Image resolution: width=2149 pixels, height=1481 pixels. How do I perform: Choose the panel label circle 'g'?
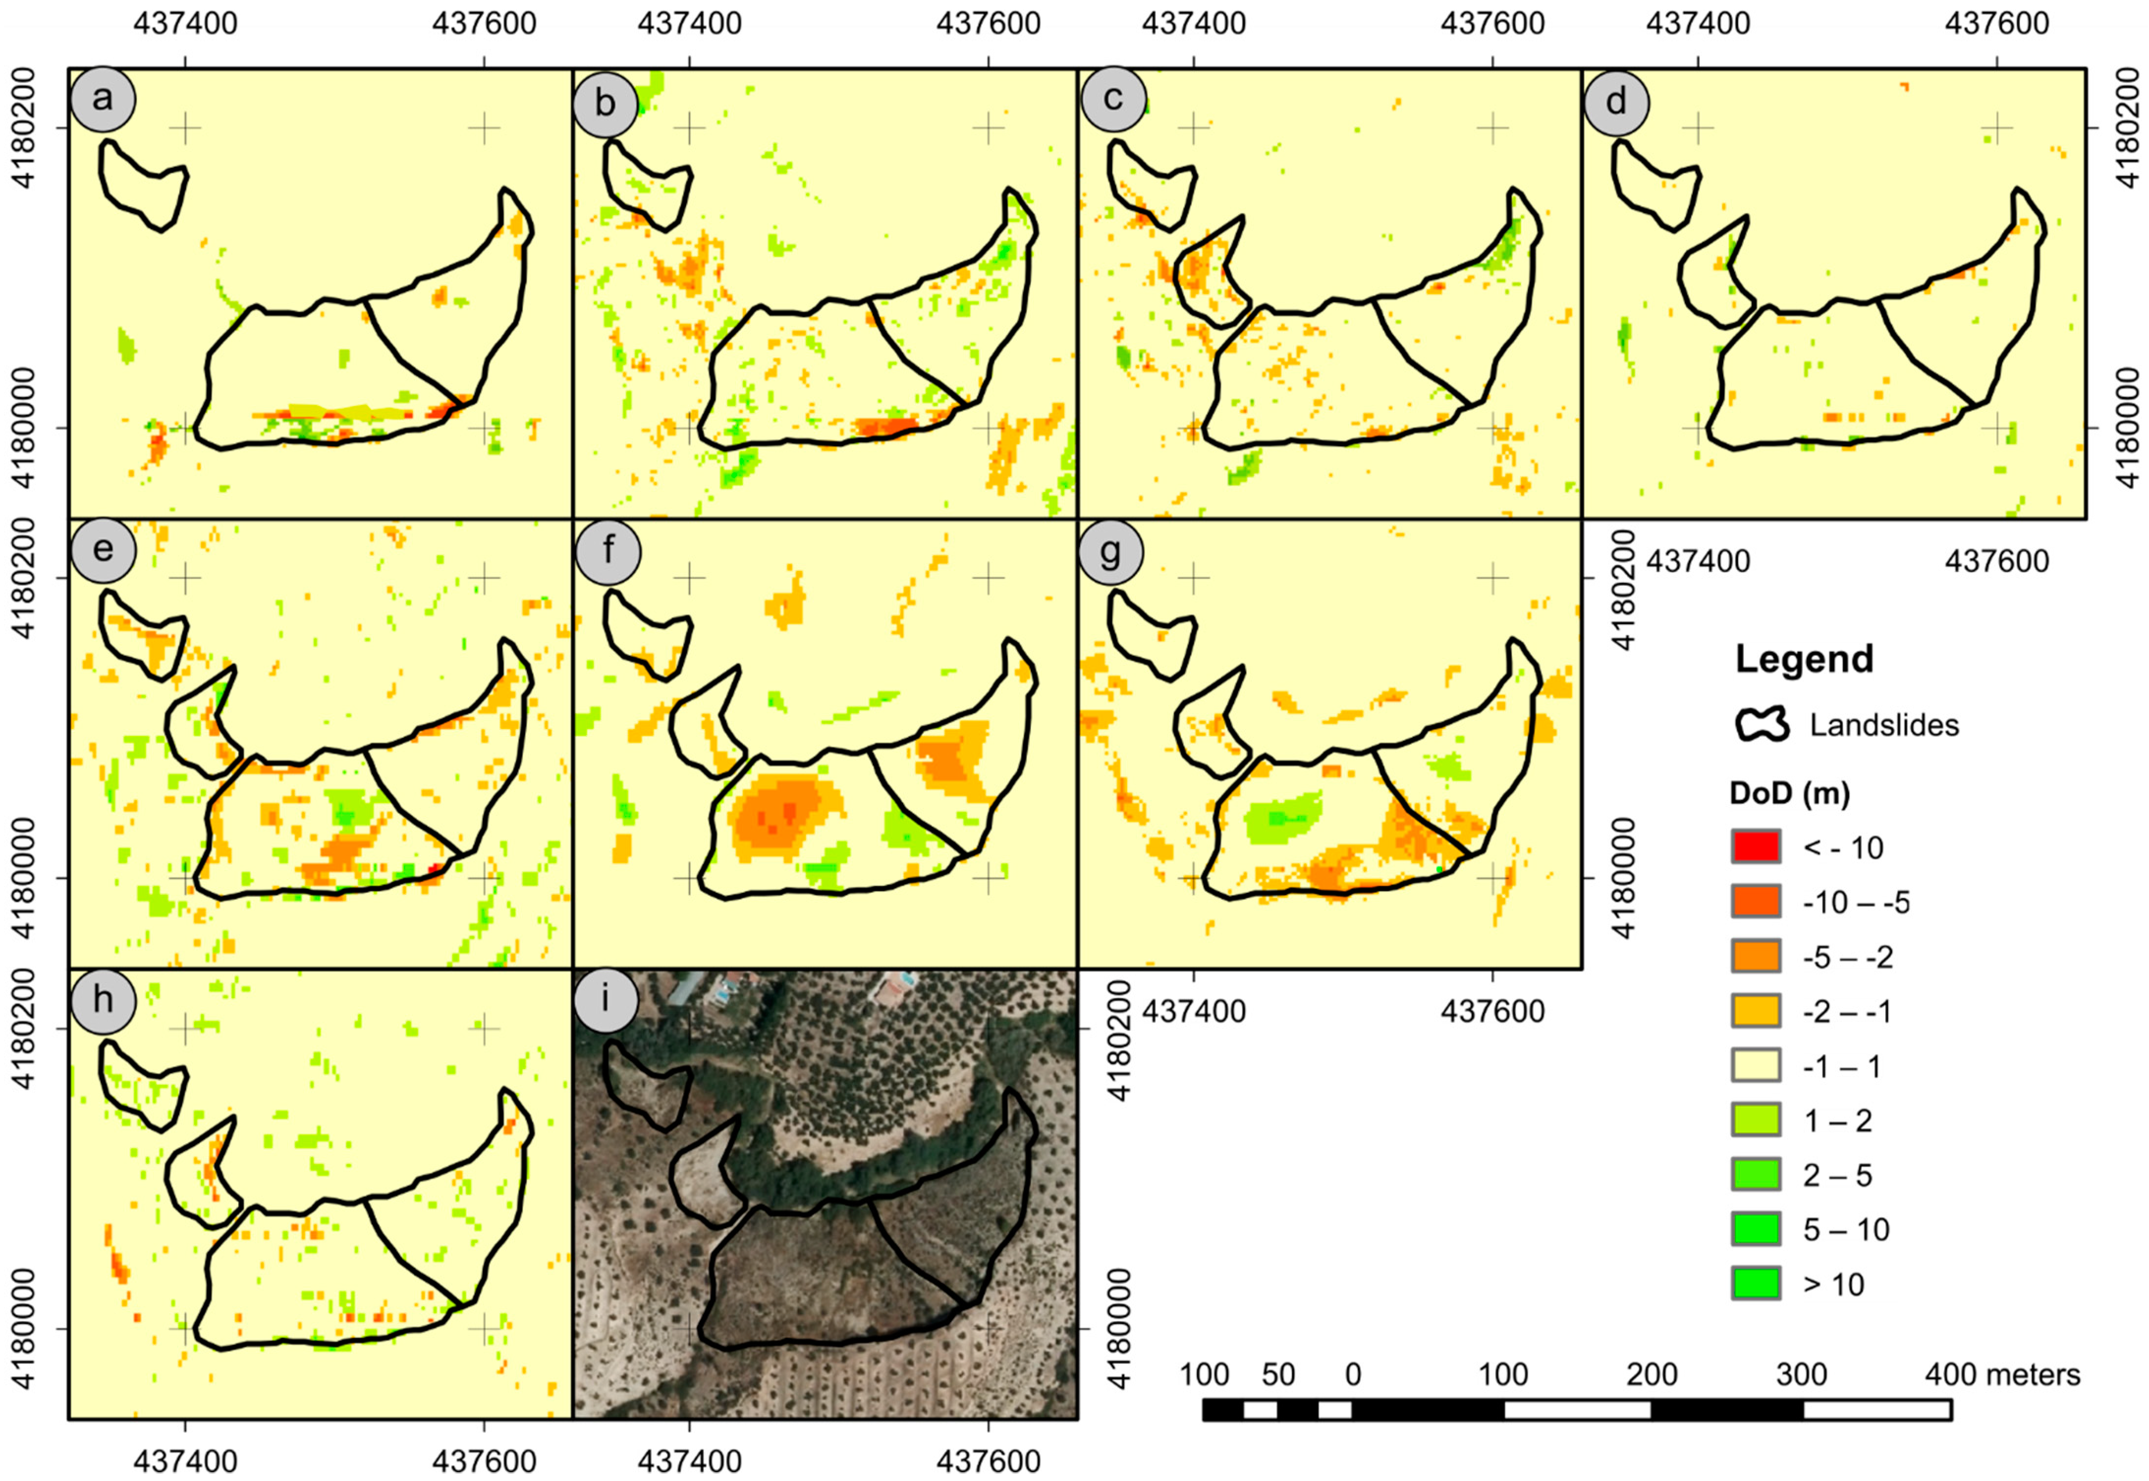pyautogui.click(x=1110, y=550)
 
